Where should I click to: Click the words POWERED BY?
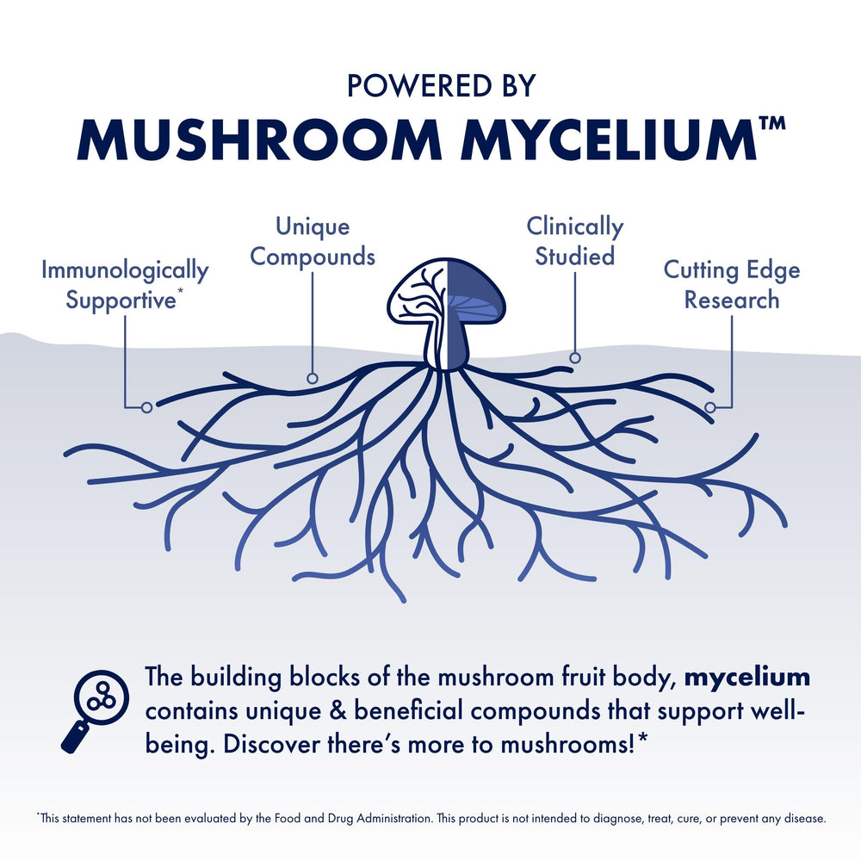click(440, 85)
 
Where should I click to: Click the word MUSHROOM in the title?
click(257, 139)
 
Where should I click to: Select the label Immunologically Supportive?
click(125, 285)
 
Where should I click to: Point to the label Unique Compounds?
click(313, 242)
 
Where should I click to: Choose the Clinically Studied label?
click(575, 242)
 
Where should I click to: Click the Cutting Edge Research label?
click(731, 285)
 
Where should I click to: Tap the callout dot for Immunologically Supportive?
click(146, 406)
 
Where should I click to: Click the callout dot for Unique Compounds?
click(313, 378)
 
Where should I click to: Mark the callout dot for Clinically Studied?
click(575, 357)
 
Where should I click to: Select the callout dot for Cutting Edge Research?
click(710, 406)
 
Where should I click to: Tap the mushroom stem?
click(445, 349)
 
